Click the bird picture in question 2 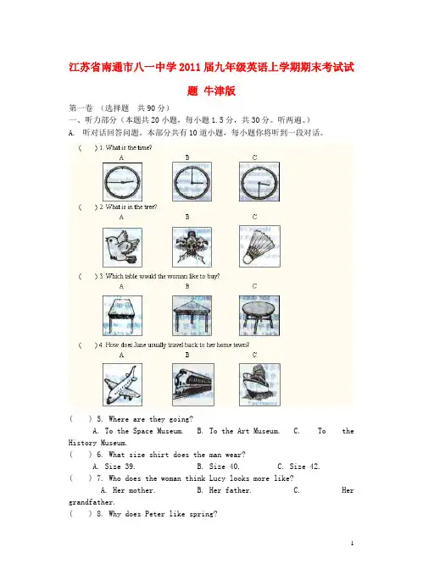tap(122, 247)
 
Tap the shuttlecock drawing tap(259, 246)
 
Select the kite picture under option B tap(192, 247)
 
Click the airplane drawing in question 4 tap(122, 384)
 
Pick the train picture tap(192, 384)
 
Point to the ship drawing tap(259, 384)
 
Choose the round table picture tap(259, 316)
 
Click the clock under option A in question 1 tap(122, 182)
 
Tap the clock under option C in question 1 tap(259, 182)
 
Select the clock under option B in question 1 tap(192, 182)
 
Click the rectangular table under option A tap(122, 316)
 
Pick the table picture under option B tap(192, 316)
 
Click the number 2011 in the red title tap(190, 68)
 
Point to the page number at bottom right tap(352, 544)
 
